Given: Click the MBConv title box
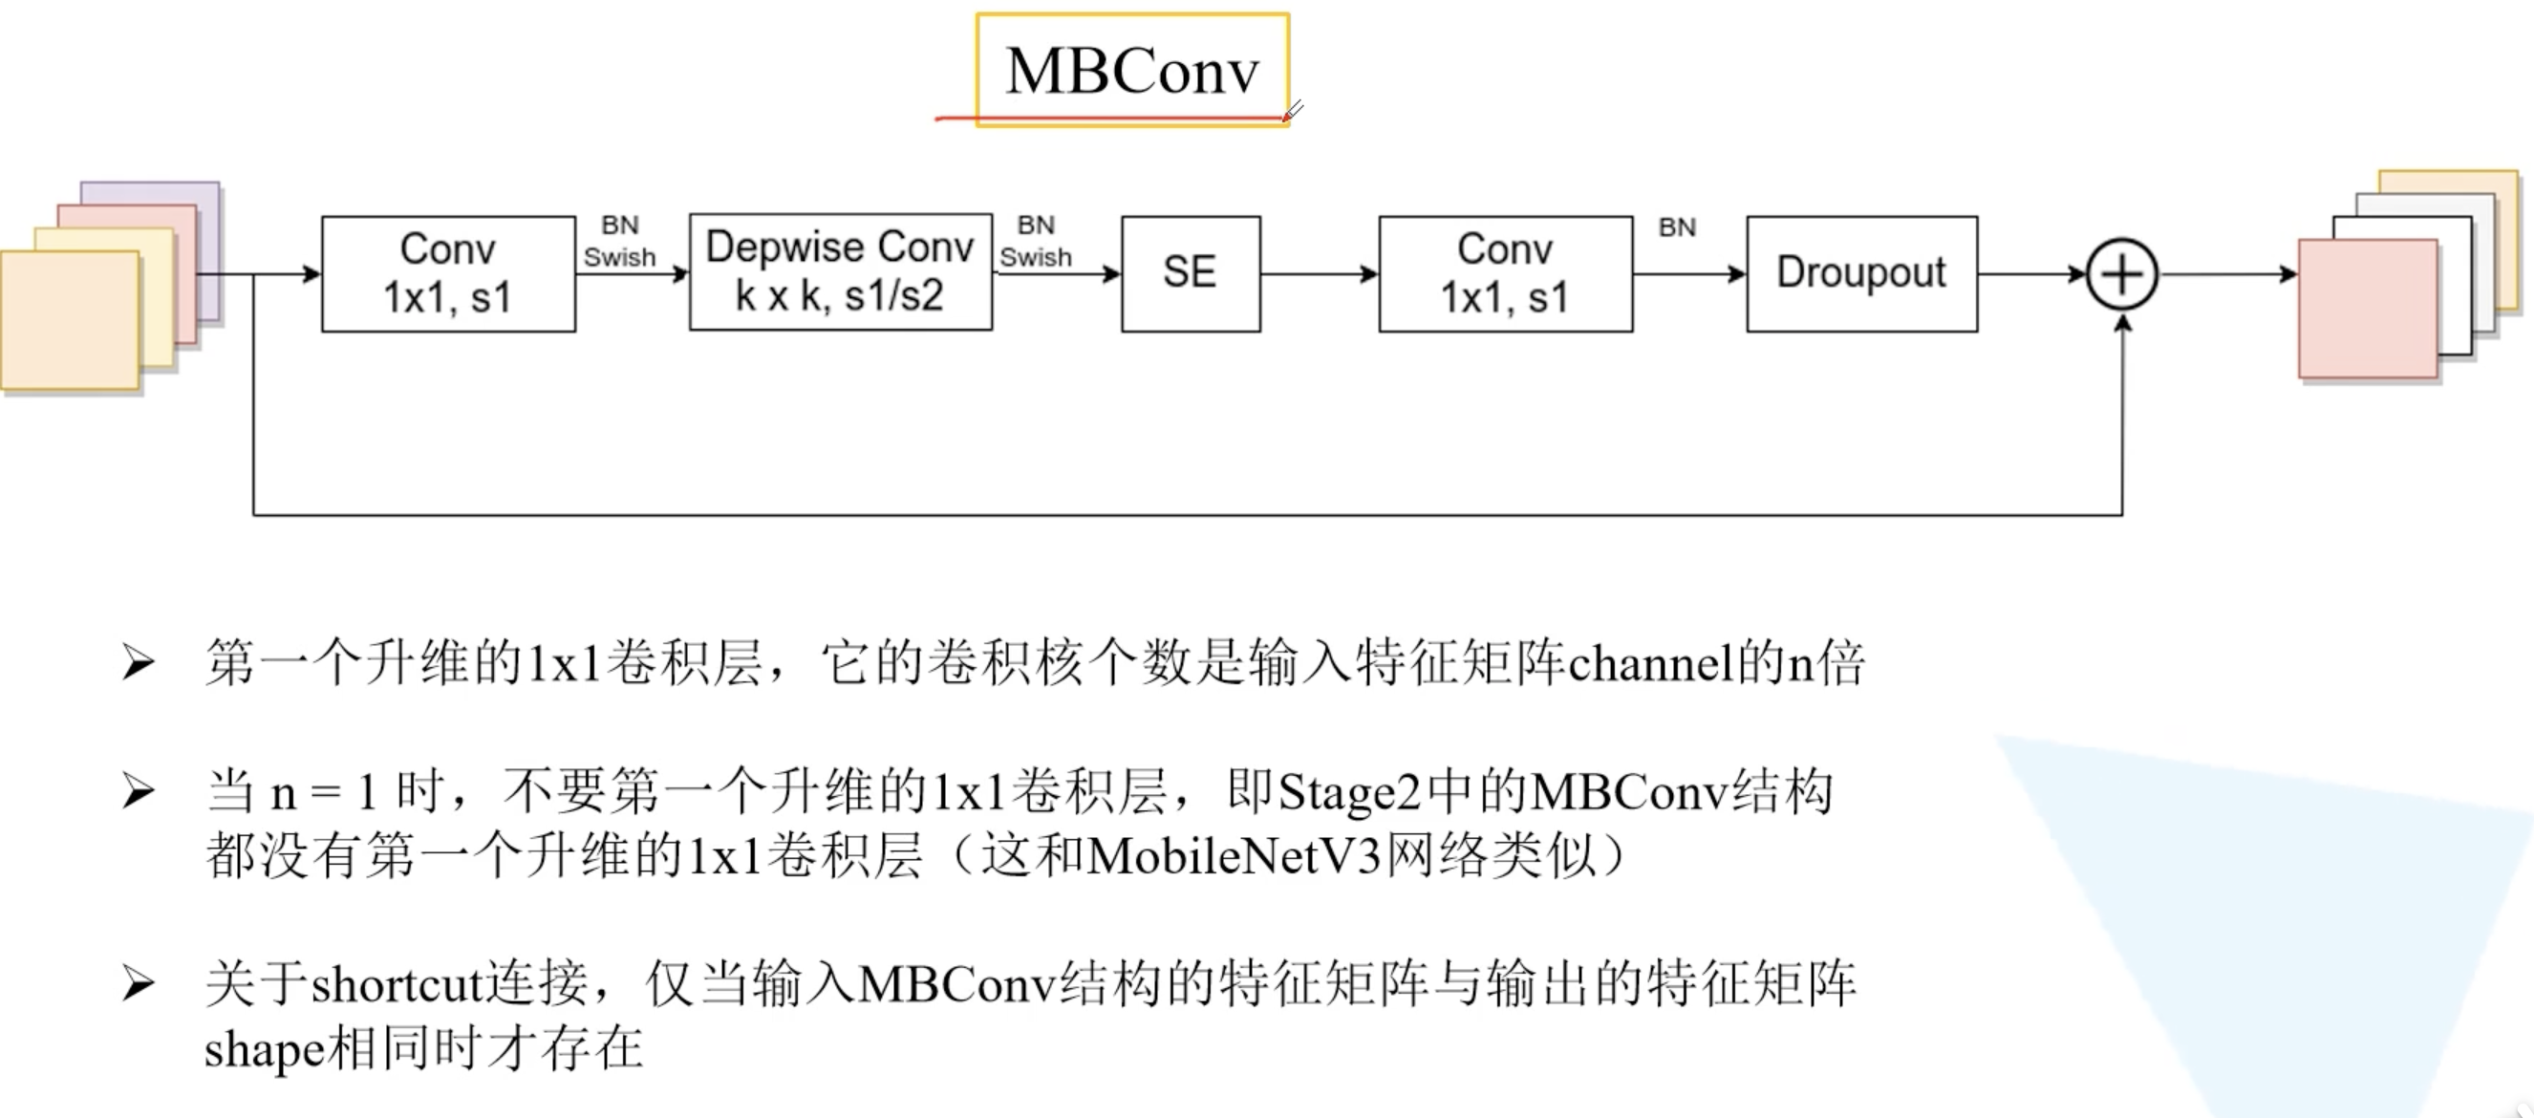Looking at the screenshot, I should pyautogui.click(x=1131, y=70).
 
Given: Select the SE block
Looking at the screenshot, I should pyautogui.click(x=1191, y=273).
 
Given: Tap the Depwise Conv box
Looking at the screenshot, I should pyautogui.click(x=840, y=271).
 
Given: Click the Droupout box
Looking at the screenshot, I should pyautogui.click(x=1861, y=273).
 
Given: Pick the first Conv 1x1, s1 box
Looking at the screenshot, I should pyautogui.click(x=447, y=273).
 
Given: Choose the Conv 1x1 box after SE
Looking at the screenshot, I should pyautogui.click(x=1505, y=273).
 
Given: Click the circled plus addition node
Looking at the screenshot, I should pyautogui.click(x=2122, y=273).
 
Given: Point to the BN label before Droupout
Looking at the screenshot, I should pyautogui.click(x=1677, y=228).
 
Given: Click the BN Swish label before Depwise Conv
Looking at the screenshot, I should pyautogui.click(x=620, y=241).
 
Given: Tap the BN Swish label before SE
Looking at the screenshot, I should pyautogui.click(x=1036, y=241).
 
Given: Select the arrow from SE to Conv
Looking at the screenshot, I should pyautogui.click(x=1319, y=273).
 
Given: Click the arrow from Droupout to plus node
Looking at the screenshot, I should pyautogui.click(x=2031, y=273).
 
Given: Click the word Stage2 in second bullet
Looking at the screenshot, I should pyautogui.click(x=1348, y=792).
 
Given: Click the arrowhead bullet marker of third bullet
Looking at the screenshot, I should pyautogui.click(x=138, y=984).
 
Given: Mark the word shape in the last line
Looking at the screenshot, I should pyautogui.click(x=263, y=1049).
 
